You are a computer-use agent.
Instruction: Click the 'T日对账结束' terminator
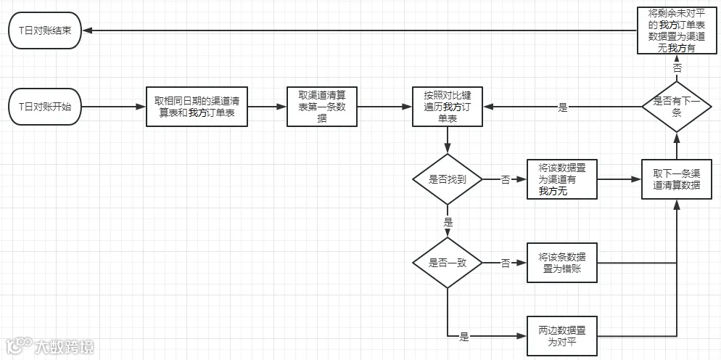pos(45,30)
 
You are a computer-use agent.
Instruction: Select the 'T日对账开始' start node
pos(45,107)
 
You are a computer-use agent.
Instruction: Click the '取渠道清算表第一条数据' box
pos(321,107)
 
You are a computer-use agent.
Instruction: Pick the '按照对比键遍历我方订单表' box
pos(448,107)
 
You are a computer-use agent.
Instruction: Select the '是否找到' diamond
pos(447,179)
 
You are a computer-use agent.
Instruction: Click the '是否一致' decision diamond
pos(447,263)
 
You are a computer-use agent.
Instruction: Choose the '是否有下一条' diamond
pos(677,106)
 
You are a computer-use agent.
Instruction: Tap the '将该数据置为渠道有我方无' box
pos(562,179)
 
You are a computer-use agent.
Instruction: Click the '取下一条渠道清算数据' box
pos(677,179)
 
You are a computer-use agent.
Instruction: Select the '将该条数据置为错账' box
pos(562,263)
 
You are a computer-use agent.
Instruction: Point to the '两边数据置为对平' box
pos(562,336)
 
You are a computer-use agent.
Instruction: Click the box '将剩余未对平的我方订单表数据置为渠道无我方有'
pos(677,30)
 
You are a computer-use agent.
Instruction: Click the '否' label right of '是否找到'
pos(505,179)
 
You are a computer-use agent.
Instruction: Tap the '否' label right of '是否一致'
pos(505,263)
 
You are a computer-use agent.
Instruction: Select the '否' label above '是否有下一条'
pos(677,67)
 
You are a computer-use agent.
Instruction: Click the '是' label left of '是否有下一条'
pos(563,107)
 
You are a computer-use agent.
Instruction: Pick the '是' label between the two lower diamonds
pos(448,221)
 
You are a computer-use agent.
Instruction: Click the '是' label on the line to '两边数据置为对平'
pos(464,337)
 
